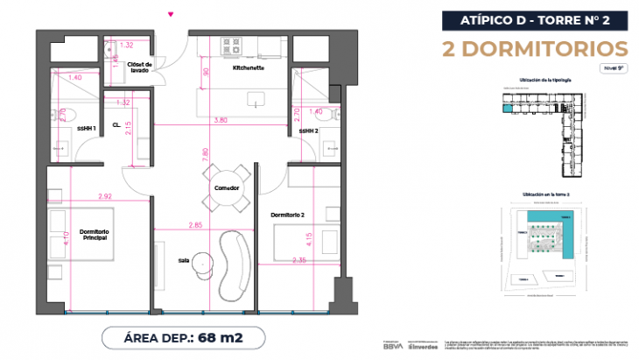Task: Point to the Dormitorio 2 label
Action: [286, 215]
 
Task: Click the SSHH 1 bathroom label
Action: [86, 129]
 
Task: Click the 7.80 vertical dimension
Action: [205, 154]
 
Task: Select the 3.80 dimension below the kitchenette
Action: [221, 120]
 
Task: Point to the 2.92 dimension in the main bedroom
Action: [105, 196]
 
